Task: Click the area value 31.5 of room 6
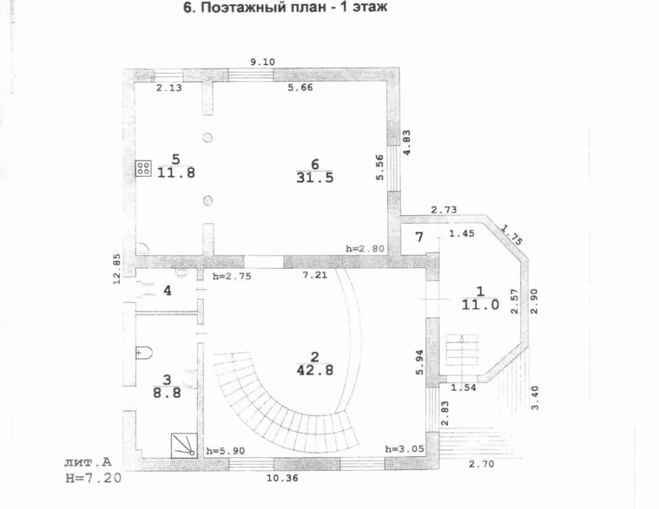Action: pos(315,178)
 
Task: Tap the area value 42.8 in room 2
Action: pos(315,371)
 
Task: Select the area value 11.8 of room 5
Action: pos(176,173)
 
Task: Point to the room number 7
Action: pos(419,237)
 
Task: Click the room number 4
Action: pos(167,290)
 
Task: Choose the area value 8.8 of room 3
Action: pos(167,393)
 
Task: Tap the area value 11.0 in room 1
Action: pos(480,304)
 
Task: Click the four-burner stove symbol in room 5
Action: pos(143,169)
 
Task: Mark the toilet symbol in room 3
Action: pos(144,353)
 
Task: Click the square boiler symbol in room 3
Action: pos(184,446)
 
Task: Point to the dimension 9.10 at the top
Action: pos(263,62)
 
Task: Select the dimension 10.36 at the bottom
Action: pos(283,478)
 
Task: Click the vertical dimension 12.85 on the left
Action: pos(117,269)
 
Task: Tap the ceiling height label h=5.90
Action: pos(225,451)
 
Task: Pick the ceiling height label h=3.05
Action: pos(405,449)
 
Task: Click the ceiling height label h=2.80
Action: pos(365,248)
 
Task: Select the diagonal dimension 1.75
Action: pos(512,235)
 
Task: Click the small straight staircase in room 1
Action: pos(462,350)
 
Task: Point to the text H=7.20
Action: pos(94,478)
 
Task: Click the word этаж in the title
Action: pos(370,7)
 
